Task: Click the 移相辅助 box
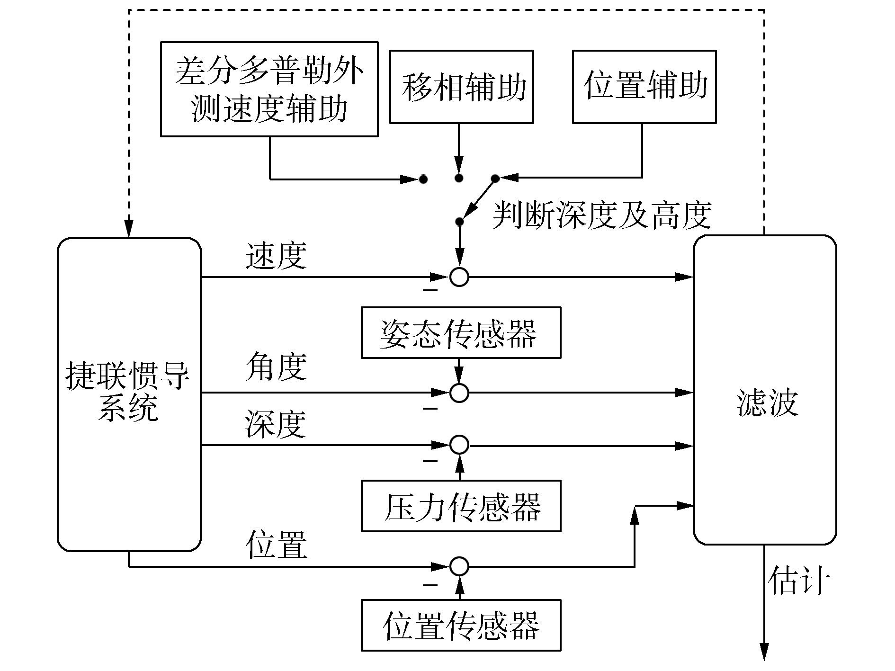point(461,87)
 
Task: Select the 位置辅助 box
point(644,87)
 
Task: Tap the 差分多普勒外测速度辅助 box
point(269,89)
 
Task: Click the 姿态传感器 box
point(461,333)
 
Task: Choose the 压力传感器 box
point(461,506)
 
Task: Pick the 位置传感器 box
point(461,626)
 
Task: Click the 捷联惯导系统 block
point(129,394)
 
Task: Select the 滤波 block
point(765,390)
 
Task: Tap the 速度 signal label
point(276,256)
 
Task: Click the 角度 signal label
point(276,367)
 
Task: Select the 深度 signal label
point(276,424)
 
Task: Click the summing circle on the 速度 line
point(459,277)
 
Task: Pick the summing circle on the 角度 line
point(459,393)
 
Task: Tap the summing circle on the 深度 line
point(459,445)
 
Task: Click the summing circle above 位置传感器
point(459,566)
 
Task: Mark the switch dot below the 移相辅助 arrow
point(458,179)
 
